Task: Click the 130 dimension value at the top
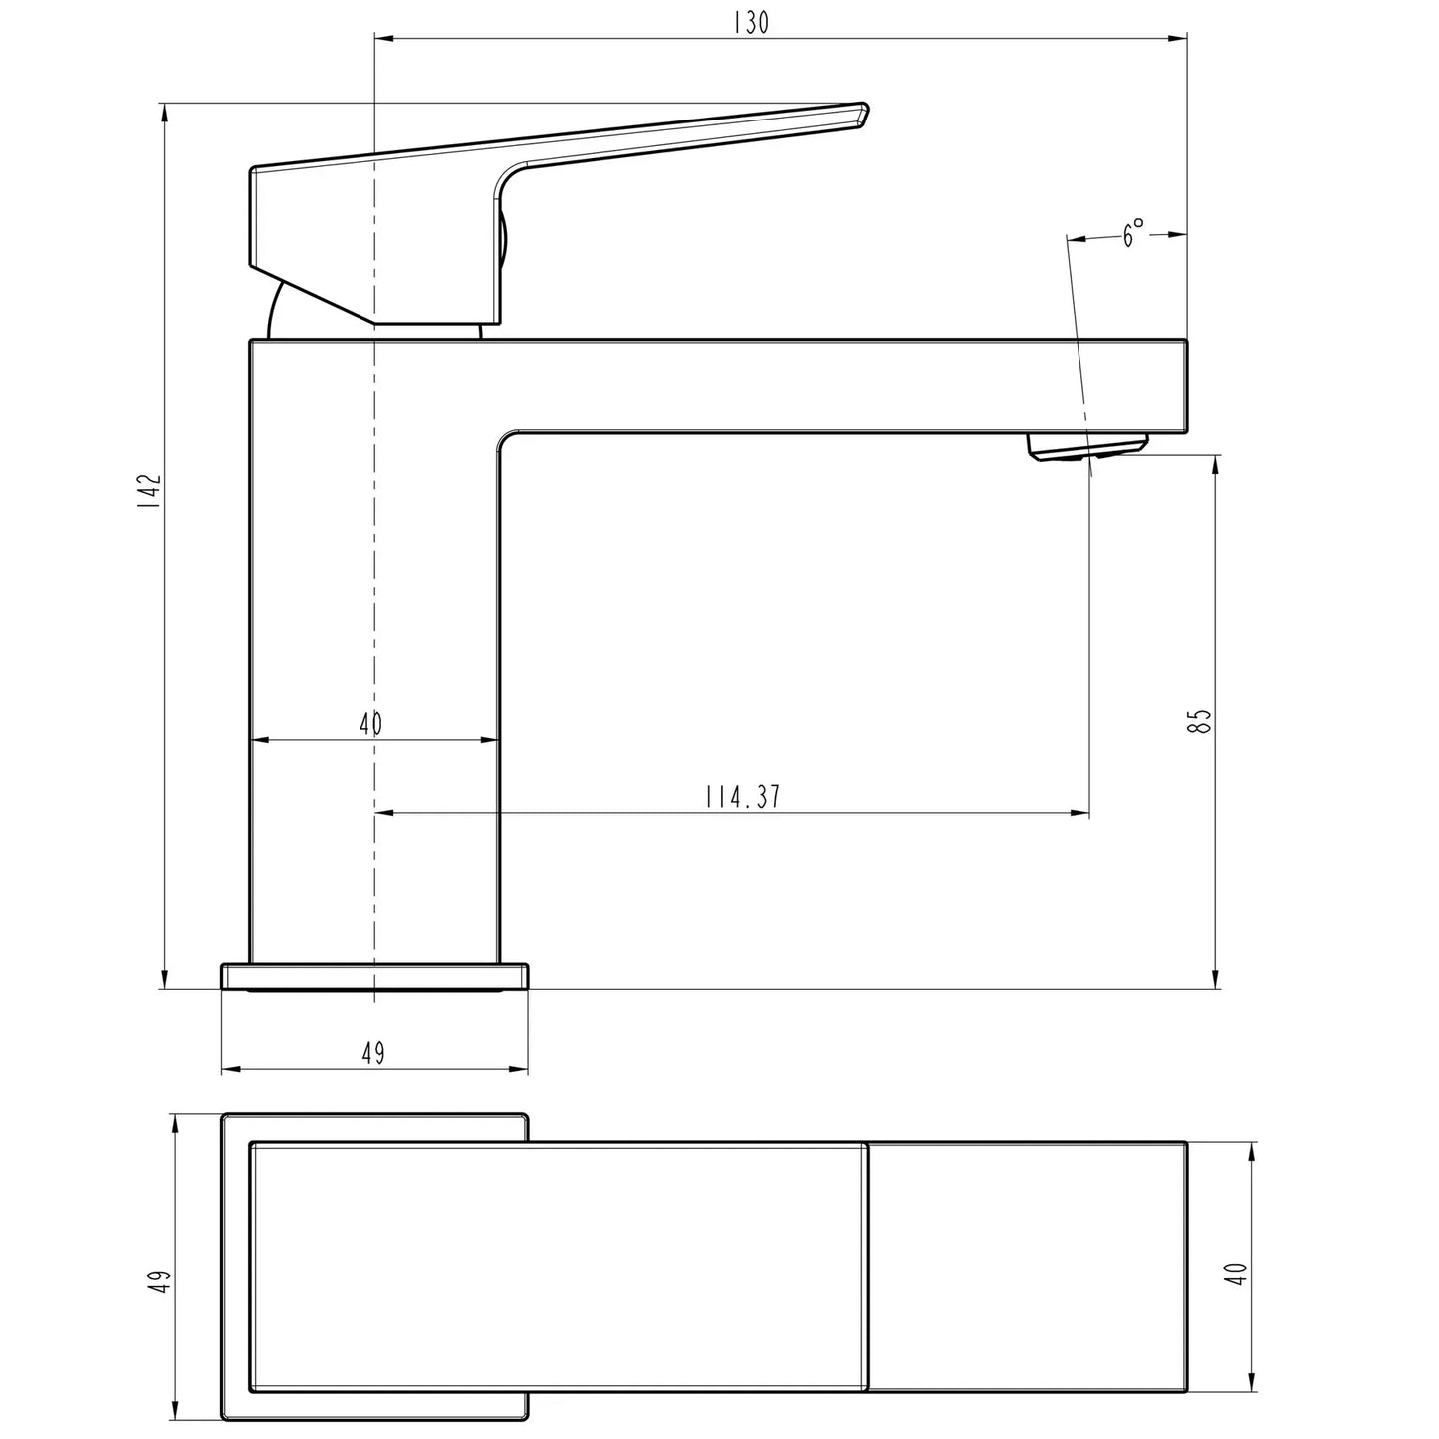click(751, 23)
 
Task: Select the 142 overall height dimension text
click(149, 492)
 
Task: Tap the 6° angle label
click(1133, 234)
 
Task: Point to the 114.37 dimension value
click(742, 797)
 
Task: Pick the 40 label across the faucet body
click(370, 724)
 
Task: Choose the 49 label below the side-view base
click(372, 1053)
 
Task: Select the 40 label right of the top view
click(1237, 1273)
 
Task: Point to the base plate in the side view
click(373, 976)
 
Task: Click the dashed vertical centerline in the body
click(374, 598)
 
